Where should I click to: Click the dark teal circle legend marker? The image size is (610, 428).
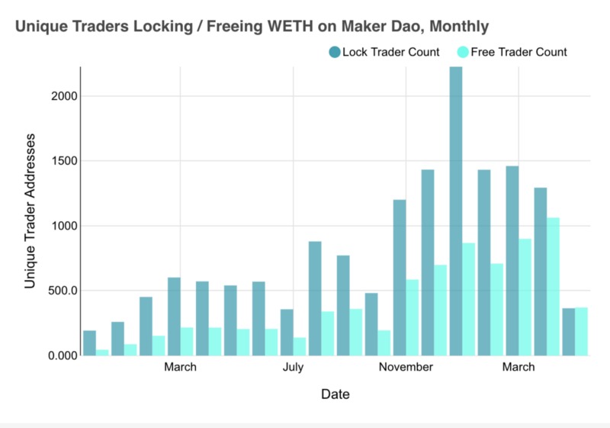(x=334, y=52)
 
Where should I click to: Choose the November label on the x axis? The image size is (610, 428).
(x=406, y=368)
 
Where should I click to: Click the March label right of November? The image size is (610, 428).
(x=518, y=368)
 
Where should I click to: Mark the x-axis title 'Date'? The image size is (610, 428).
(x=335, y=394)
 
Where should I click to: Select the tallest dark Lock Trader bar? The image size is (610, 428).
(x=455, y=214)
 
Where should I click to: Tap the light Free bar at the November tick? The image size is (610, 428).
(x=413, y=317)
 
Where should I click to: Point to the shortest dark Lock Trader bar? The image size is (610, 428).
(x=89, y=343)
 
